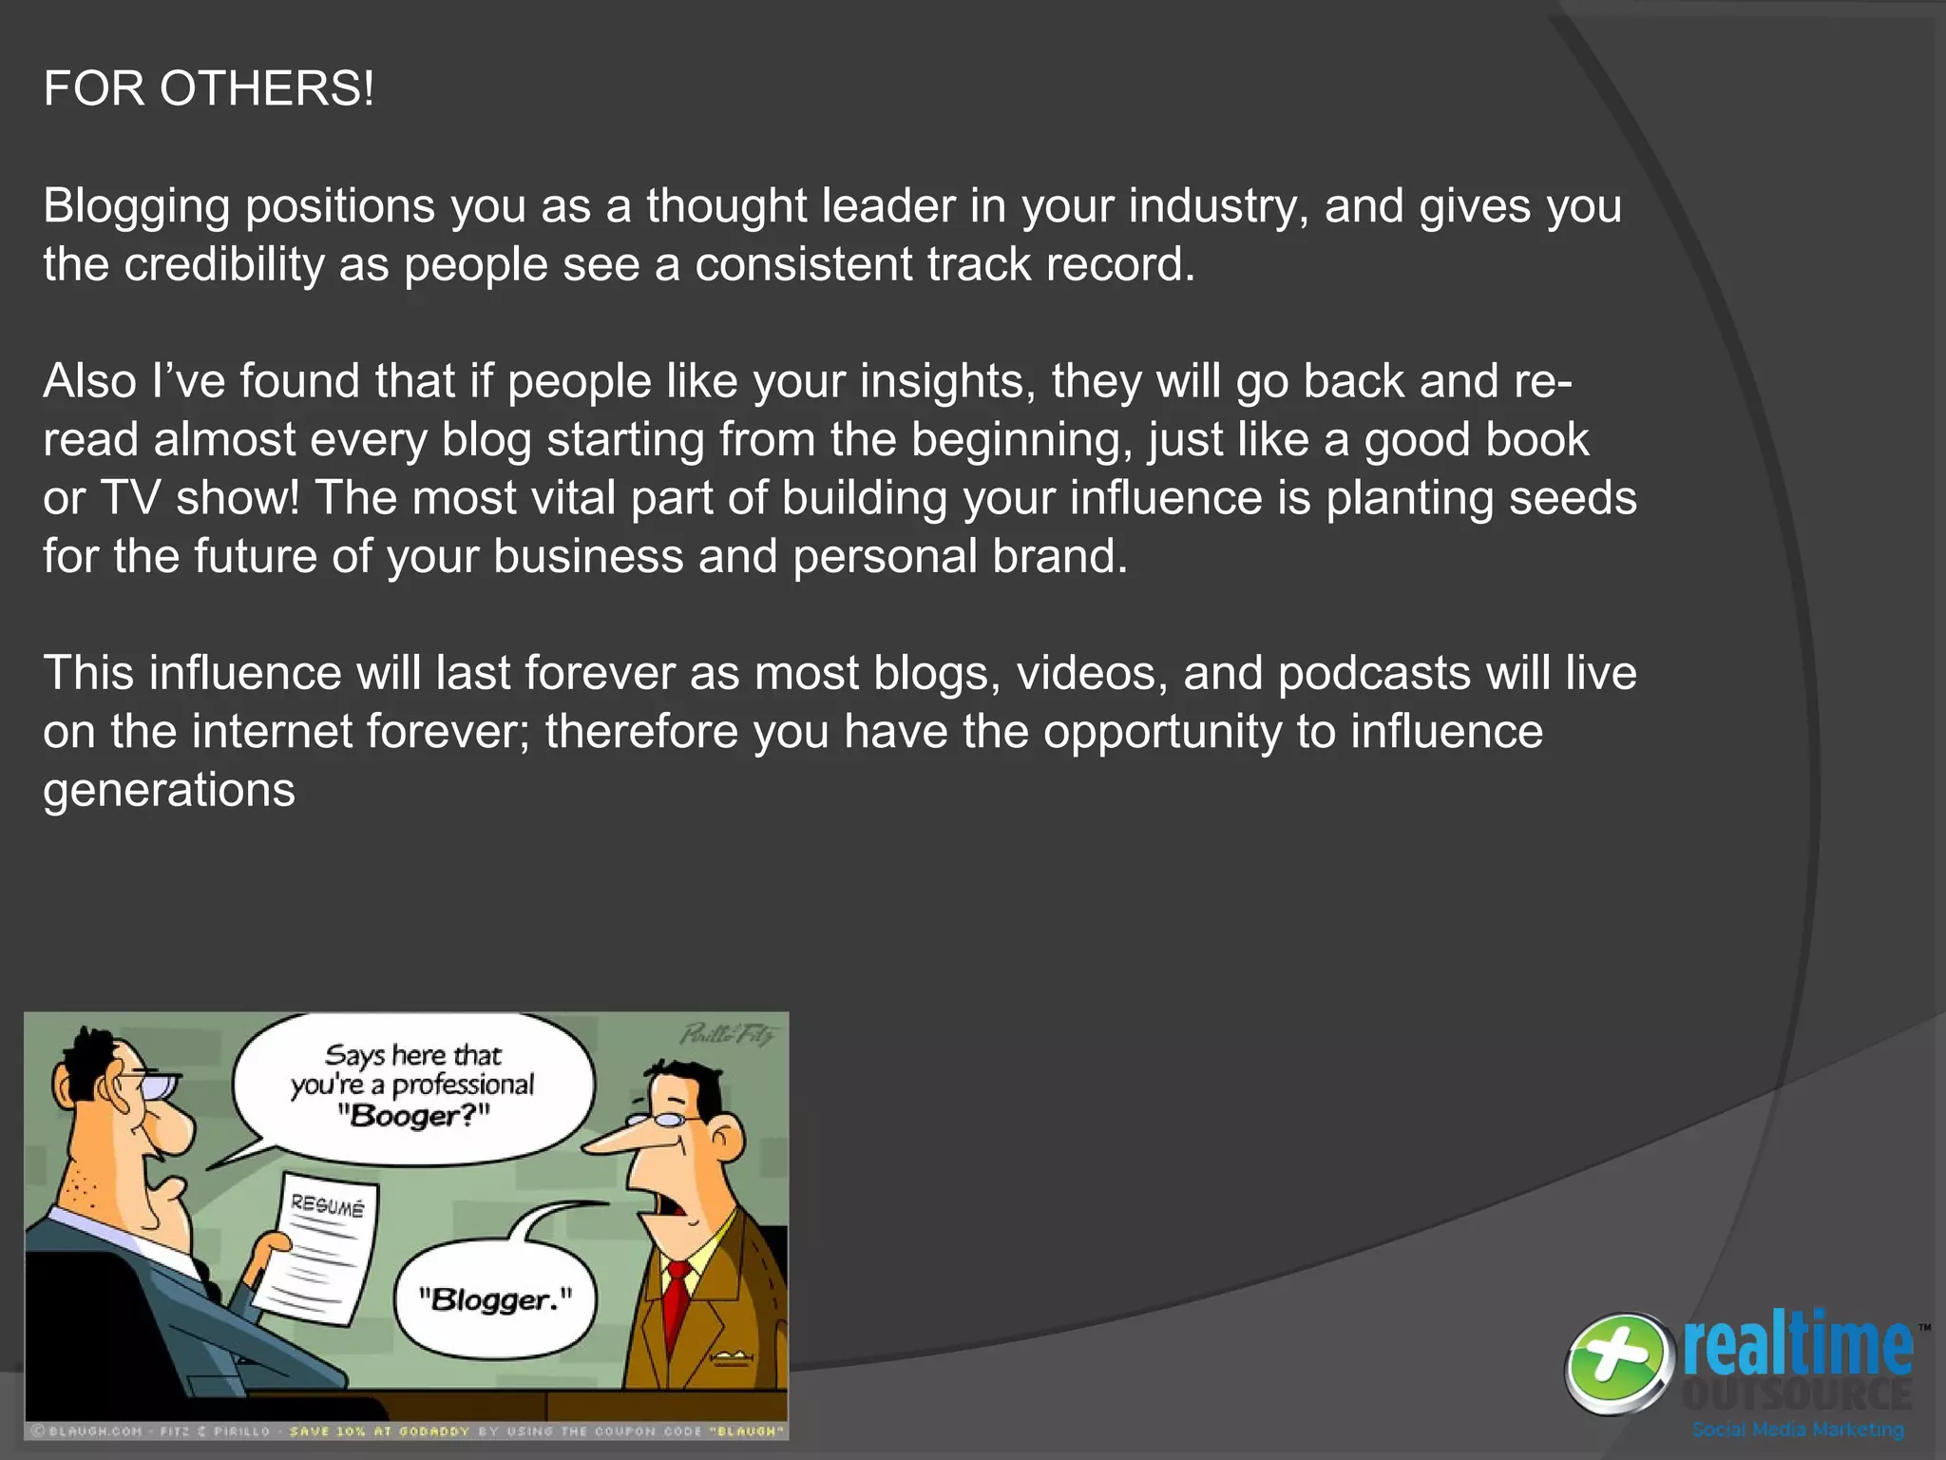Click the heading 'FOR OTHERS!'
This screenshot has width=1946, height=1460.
[x=209, y=89]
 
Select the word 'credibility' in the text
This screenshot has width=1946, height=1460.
[x=224, y=264]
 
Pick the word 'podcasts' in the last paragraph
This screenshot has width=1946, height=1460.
[x=1375, y=673]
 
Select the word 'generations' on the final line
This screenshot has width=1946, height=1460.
[x=169, y=790]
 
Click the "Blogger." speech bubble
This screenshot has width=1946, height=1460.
[x=496, y=1299]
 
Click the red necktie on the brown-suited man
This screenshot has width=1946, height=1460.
[x=677, y=1307]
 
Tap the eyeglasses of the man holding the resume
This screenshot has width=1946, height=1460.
[x=152, y=1084]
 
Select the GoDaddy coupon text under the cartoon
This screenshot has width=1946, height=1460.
[x=538, y=1431]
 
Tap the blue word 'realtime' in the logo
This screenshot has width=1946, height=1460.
[x=1798, y=1345]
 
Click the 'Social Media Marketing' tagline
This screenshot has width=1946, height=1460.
[x=1798, y=1430]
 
